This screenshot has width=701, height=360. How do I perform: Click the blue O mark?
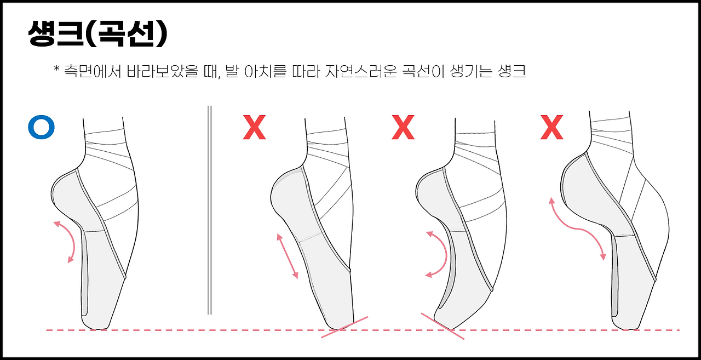tap(41, 127)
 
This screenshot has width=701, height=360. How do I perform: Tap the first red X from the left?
tap(255, 127)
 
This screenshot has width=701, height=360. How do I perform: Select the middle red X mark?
tap(403, 127)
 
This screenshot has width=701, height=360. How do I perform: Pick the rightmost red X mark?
tap(551, 127)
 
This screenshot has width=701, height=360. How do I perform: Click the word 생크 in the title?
tap(56, 33)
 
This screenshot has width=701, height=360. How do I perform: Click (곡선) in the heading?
tap(127, 33)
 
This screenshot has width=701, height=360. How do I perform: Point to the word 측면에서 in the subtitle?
tap(93, 72)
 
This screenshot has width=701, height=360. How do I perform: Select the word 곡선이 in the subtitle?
tap(423, 72)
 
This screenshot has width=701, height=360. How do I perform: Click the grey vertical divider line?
tap(210, 210)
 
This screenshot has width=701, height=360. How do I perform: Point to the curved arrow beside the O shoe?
tap(73, 242)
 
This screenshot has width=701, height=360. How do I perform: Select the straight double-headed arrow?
tap(288, 256)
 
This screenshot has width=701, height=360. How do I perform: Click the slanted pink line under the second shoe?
tap(344, 327)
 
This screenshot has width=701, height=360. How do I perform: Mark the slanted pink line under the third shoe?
tap(443, 326)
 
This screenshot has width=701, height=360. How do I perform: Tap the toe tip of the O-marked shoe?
tap(97, 328)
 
